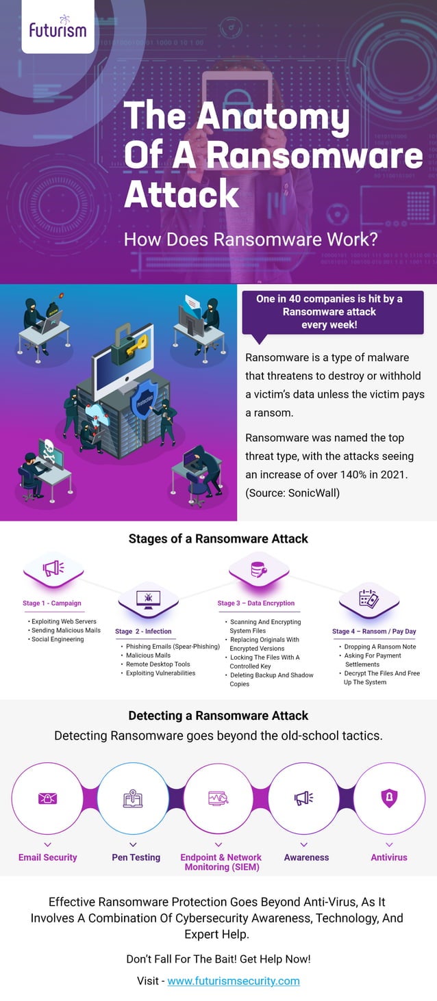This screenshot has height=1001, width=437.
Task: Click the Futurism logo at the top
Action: (x=58, y=27)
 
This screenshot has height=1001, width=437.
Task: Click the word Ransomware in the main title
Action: (x=314, y=155)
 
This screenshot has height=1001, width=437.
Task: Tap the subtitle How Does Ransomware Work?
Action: (x=251, y=240)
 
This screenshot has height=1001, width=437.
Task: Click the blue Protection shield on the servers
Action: (x=145, y=400)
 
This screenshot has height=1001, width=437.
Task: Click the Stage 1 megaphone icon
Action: (x=53, y=568)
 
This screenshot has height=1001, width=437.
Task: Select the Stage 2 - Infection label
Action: (x=143, y=632)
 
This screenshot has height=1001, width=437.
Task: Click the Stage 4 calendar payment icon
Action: (x=369, y=599)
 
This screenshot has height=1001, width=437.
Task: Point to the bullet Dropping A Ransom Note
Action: (x=380, y=647)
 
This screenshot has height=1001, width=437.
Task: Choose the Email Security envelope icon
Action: (x=47, y=798)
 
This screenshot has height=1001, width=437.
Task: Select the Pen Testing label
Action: (x=136, y=857)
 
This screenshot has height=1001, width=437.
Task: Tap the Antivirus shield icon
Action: (x=389, y=798)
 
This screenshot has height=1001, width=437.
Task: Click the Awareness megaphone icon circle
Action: (x=303, y=798)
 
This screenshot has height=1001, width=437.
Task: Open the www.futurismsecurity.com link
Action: (x=234, y=981)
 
